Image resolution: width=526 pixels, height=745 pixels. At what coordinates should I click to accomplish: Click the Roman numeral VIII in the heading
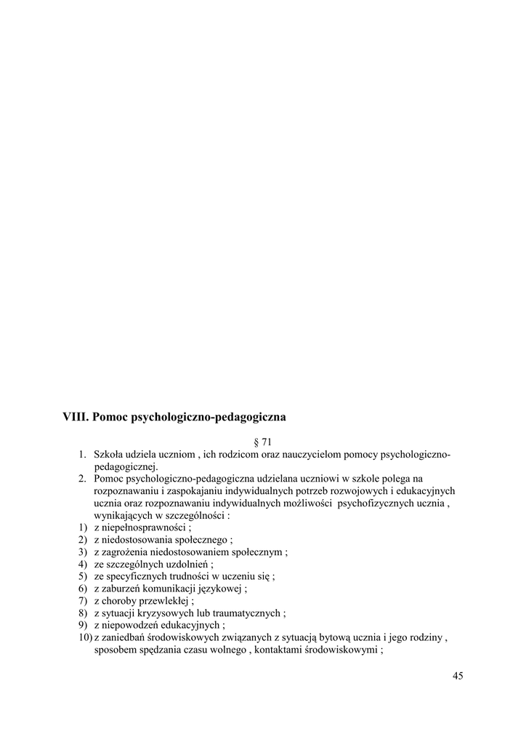click(76, 418)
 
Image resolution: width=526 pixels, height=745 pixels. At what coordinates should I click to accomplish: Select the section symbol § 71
click(262, 442)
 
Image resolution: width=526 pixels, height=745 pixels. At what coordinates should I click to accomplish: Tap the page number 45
click(457, 676)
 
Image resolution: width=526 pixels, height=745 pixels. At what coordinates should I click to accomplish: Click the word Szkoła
click(110, 455)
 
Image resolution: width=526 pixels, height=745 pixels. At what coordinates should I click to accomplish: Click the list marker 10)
click(85, 638)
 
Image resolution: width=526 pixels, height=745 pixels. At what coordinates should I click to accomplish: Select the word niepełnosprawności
click(144, 527)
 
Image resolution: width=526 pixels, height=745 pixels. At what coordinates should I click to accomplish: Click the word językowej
click(222, 589)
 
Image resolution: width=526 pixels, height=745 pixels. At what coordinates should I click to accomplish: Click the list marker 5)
click(84, 576)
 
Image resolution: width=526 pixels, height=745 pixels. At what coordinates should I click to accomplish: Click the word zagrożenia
click(126, 552)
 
